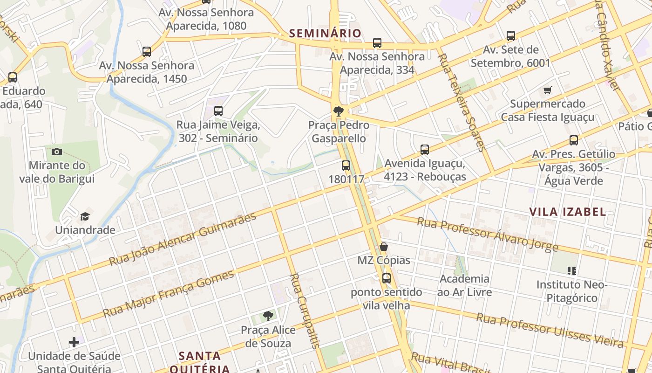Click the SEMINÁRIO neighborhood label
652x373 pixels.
tap(325, 33)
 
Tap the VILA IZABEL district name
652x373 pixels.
tap(568, 212)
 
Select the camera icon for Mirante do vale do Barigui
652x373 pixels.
tap(57, 152)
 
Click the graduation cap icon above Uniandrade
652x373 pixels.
tap(85, 216)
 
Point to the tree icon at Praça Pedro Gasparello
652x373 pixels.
tap(339, 111)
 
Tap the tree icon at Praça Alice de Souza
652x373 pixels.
tap(268, 316)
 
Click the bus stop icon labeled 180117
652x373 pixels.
tap(346, 166)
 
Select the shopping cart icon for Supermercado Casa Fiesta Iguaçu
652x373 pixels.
tap(548, 90)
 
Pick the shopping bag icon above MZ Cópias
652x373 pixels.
tap(384, 247)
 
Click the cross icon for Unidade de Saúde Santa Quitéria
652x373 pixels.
tap(74, 342)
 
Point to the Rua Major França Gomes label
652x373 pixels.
tap(169, 294)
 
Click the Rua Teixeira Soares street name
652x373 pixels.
tap(462, 103)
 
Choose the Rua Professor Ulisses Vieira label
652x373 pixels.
tap(550, 331)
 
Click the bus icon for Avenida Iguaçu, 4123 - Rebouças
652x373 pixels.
tap(425, 150)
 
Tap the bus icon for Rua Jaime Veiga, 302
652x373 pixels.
tap(218, 111)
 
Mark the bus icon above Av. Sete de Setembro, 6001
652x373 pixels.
tap(511, 36)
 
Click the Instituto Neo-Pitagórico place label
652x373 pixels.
tap(572, 291)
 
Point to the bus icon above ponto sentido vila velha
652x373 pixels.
tap(387, 278)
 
